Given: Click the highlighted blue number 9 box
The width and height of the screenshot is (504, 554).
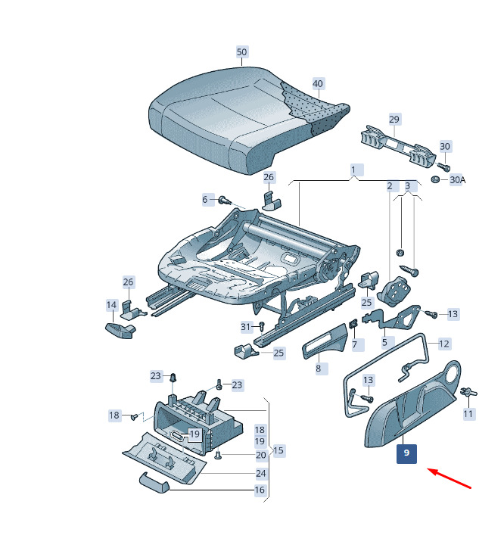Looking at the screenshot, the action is pyautogui.click(x=406, y=453).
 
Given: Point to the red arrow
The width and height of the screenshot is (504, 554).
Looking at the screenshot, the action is pyautogui.click(x=450, y=478).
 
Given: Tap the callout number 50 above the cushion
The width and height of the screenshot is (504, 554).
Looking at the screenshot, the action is pyautogui.click(x=242, y=52).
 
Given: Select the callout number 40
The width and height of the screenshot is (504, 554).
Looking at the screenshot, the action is pyautogui.click(x=318, y=84).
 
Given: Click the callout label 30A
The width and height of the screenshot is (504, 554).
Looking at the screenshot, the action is pyautogui.click(x=457, y=180).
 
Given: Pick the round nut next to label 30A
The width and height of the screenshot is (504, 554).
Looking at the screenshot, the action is pyautogui.click(x=435, y=179).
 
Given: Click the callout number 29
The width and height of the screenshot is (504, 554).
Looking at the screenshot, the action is pyautogui.click(x=394, y=120).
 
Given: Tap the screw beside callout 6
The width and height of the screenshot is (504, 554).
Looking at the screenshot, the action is pyautogui.click(x=225, y=201).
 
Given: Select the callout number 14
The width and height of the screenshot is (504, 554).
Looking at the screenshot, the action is pyautogui.click(x=111, y=305).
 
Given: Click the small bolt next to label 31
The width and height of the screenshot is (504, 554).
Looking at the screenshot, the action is pyautogui.click(x=262, y=325).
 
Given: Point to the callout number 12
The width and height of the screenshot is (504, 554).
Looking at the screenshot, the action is pyautogui.click(x=444, y=344).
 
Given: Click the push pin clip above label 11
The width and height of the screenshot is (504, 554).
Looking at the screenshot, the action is pyautogui.click(x=469, y=392).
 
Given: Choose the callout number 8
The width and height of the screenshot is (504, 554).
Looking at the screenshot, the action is pyautogui.click(x=319, y=369).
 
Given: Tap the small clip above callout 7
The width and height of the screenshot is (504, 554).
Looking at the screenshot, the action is pyautogui.click(x=353, y=323).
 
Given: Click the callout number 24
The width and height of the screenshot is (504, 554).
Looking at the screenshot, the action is pyautogui.click(x=261, y=473).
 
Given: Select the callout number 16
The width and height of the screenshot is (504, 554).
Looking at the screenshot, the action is pyautogui.click(x=260, y=490).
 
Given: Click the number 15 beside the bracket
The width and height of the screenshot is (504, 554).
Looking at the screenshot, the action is pyautogui.click(x=278, y=450).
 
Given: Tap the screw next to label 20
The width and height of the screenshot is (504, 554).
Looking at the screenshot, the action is pyautogui.click(x=217, y=455).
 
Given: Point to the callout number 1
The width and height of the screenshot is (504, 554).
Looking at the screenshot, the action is pyautogui.click(x=353, y=170).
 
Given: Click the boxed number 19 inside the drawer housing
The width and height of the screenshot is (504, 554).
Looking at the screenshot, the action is pyautogui.click(x=194, y=434).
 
